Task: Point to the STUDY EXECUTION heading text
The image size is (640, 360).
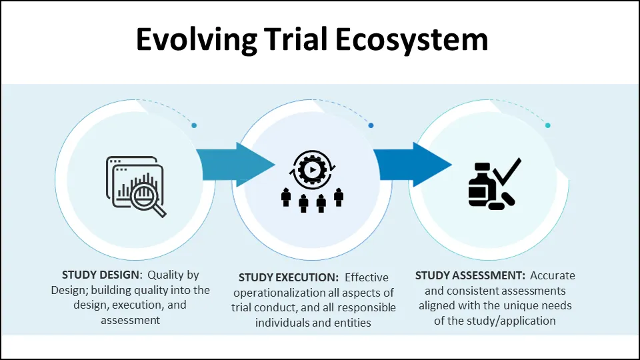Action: [289, 277]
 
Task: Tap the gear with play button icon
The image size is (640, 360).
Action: [310, 169]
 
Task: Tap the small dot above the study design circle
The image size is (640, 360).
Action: [194, 125]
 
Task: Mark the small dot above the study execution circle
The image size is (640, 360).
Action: [371, 125]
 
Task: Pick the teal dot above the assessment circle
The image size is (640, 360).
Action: [547, 125]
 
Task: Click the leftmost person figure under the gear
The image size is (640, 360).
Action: [287, 197]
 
